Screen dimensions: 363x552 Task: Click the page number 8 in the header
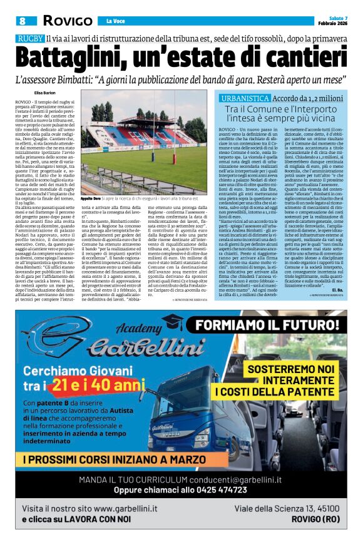pos(22,21)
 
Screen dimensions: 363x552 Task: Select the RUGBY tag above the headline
pos(30,39)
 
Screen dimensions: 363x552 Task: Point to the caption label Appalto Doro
pos(90,197)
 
